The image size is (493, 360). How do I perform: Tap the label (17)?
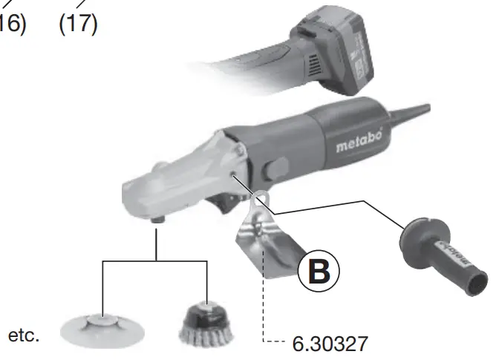(78, 22)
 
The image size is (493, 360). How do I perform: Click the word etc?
(24, 336)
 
